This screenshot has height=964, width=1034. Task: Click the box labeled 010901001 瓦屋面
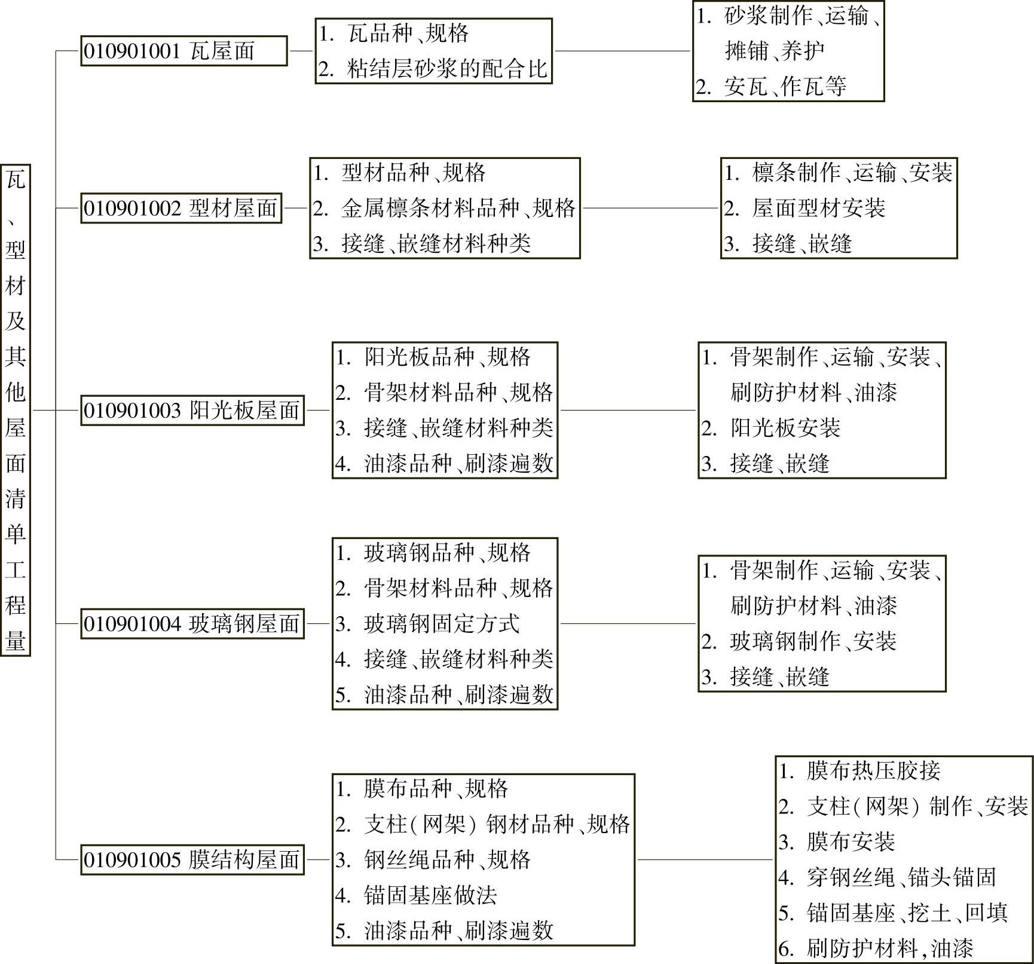[x=183, y=51]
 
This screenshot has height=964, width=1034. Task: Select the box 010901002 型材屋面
[x=181, y=209]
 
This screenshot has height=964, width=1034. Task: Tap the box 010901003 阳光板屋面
[x=192, y=411]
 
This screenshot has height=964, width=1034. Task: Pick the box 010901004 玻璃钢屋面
[x=192, y=624]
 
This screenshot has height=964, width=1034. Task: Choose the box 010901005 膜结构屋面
[x=192, y=860]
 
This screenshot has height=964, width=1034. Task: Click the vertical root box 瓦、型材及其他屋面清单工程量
[x=16, y=410]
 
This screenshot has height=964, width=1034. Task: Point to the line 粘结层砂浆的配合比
[x=446, y=69]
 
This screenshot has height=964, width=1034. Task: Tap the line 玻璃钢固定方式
[x=441, y=624]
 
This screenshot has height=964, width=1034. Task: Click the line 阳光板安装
[x=785, y=428]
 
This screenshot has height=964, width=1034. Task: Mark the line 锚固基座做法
[x=430, y=895]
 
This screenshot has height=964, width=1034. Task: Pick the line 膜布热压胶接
[x=873, y=771]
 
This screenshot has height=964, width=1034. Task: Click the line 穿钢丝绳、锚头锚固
[x=901, y=877]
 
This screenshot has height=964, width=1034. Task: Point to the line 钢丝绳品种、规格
[x=446, y=860]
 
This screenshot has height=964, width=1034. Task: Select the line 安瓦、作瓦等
[x=785, y=87]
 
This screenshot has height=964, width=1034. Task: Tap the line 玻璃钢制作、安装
[x=812, y=642]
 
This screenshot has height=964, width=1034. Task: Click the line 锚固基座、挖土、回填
[x=906, y=913]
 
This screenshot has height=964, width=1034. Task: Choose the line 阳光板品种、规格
[x=446, y=357]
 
